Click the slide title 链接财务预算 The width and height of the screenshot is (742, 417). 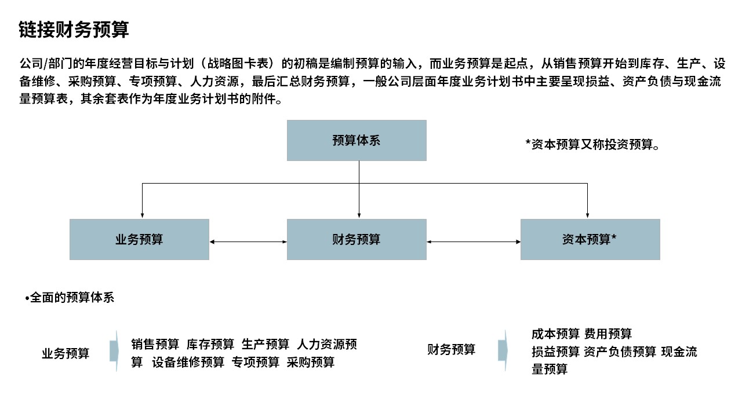click(74, 30)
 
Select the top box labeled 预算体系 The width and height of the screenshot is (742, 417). click(357, 140)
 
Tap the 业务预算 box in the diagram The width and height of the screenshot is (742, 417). click(139, 239)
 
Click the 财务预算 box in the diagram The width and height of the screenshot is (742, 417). click(357, 239)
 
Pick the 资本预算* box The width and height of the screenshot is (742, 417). click(590, 239)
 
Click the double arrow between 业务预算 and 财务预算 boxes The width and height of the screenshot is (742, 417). click(248, 242)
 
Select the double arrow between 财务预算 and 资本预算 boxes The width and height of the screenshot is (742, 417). click(474, 242)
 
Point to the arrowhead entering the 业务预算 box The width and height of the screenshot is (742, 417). click(142, 215)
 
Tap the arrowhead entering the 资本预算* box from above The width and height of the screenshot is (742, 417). click(587, 215)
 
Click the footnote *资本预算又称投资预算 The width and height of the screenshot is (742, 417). click(592, 144)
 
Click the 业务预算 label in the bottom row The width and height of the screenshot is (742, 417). click(66, 353)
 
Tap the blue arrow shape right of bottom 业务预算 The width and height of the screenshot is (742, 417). click(114, 351)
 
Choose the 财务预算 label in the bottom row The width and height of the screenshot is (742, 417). click(451, 349)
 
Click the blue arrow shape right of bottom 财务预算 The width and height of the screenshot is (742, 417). click(503, 350)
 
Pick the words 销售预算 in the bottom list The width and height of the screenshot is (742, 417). click(155, 344)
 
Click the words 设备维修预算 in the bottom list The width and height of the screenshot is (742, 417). click(188, 362)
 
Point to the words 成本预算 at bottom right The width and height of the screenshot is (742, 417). click(555, 334)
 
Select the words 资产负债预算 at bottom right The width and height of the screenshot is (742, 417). click(620, 352)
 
